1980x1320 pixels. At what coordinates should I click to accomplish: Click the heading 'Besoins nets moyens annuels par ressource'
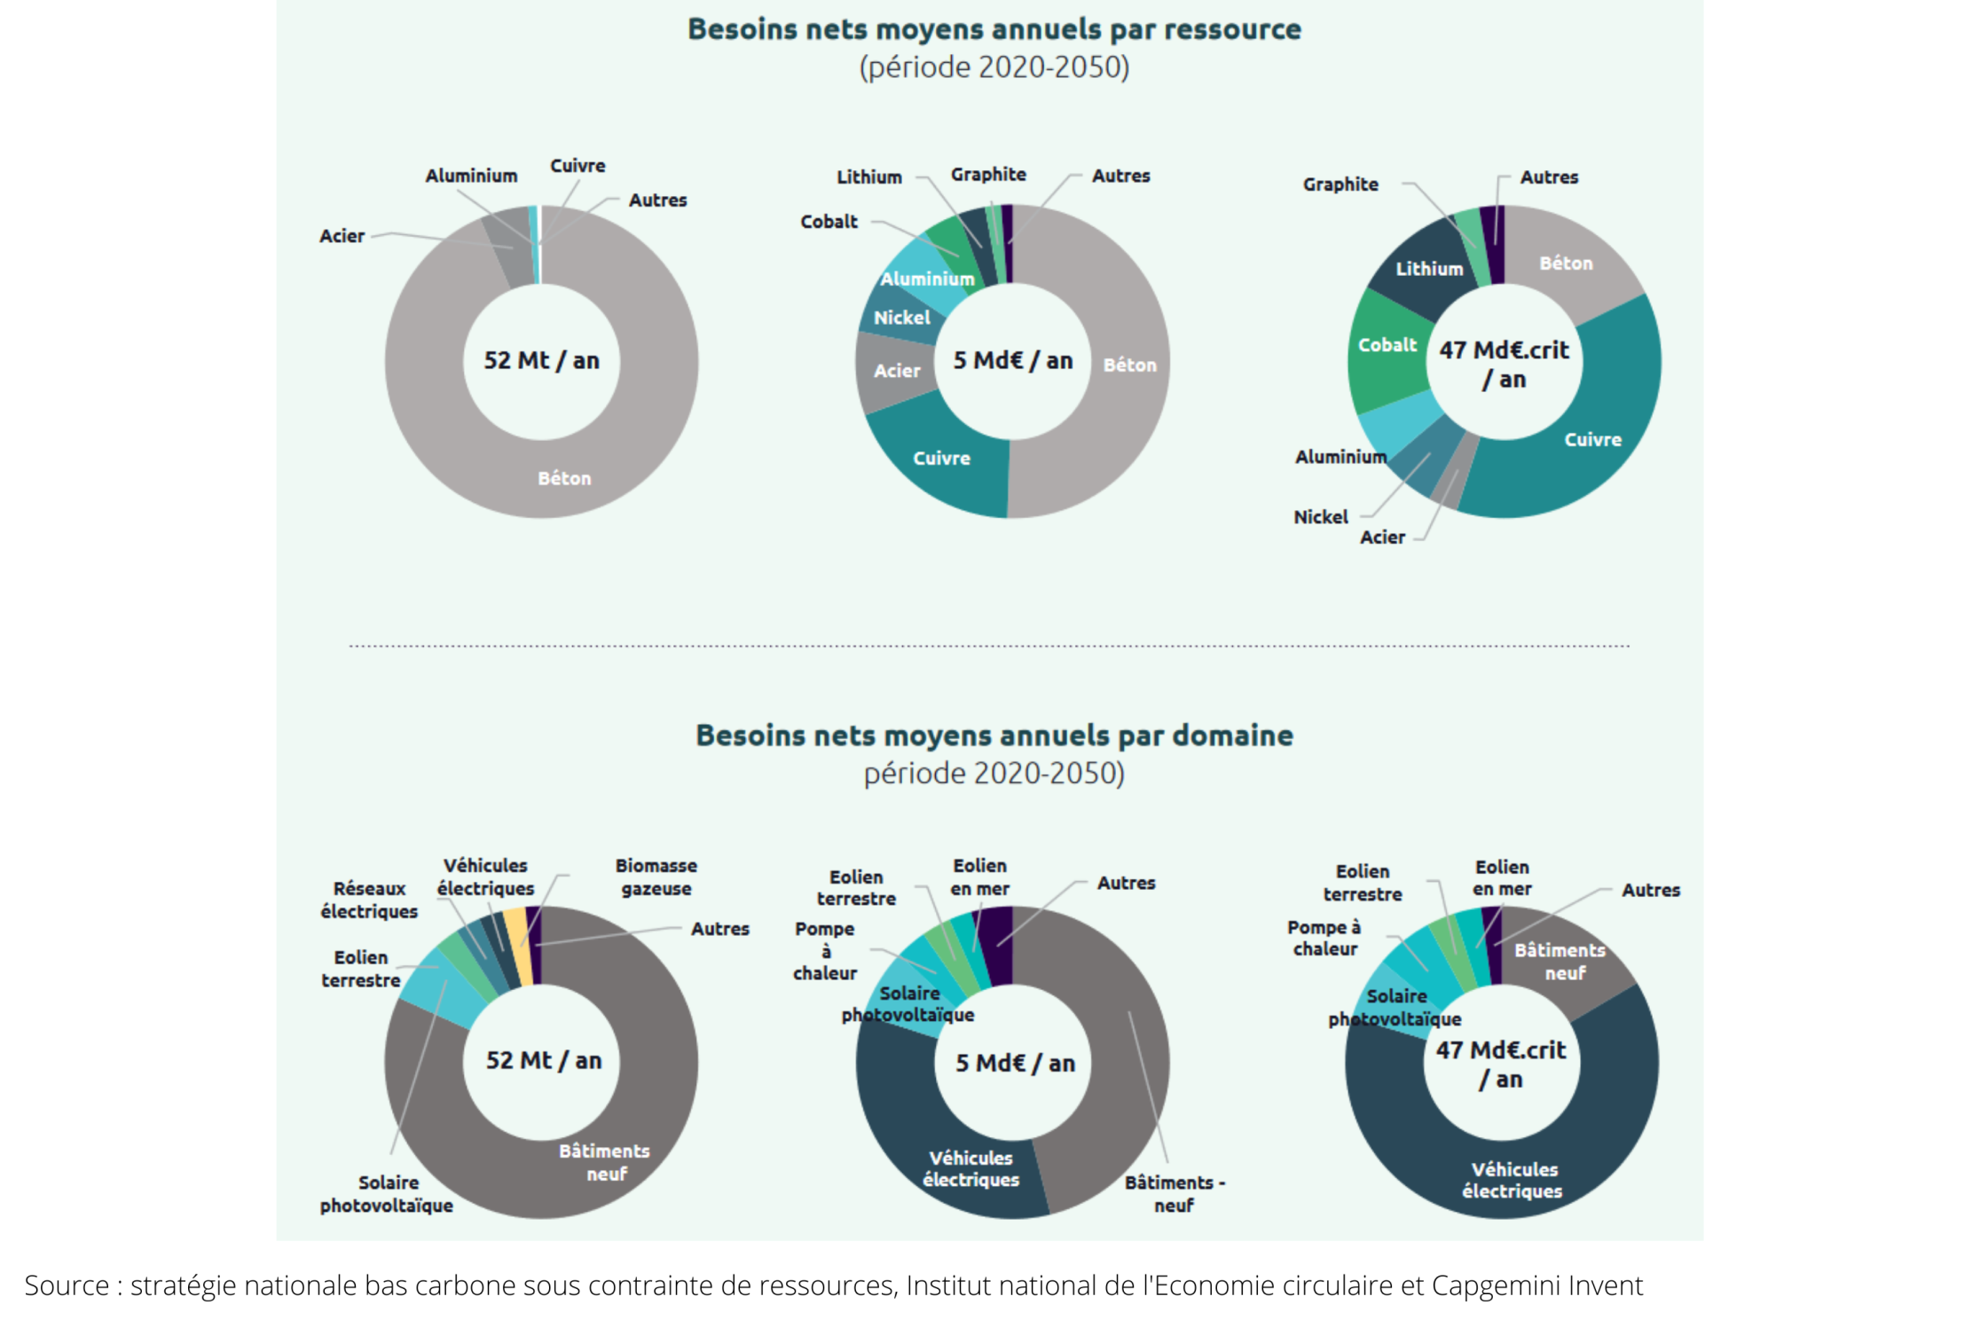point(994,29)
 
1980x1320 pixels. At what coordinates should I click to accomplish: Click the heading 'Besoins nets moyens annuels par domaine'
point(994,735)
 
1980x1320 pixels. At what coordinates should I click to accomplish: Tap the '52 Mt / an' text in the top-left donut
point(541,360)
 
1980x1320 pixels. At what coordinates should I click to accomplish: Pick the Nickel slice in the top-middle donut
point(901,318)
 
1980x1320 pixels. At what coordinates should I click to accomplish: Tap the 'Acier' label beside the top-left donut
point(342,236)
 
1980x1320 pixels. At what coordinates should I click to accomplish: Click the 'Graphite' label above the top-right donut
point(1340,185)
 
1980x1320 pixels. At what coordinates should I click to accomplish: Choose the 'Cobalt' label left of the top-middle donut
point(829,222)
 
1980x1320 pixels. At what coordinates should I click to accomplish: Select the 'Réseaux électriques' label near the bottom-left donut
point(369,900)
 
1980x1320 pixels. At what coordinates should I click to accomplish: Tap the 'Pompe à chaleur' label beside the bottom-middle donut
point(825,951)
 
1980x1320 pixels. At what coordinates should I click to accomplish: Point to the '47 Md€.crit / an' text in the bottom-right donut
point(1501,1064)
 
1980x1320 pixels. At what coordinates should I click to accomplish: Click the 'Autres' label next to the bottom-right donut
point(1650,890)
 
